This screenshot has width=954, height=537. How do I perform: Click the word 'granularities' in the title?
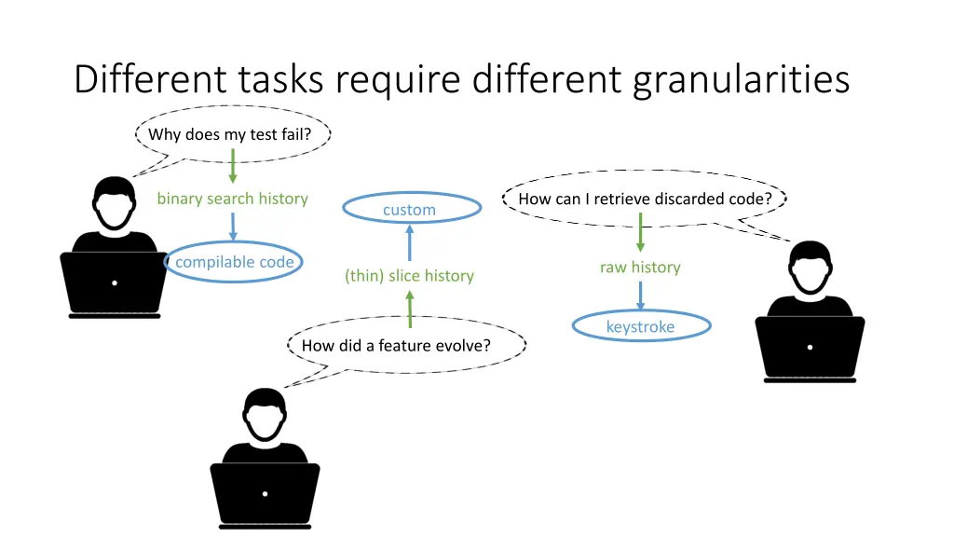click(741, 80)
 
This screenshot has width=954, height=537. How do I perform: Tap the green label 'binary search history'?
click(232, 199)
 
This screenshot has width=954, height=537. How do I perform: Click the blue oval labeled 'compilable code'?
click(234, 262)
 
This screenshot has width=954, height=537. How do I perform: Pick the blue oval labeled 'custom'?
click(409, 210)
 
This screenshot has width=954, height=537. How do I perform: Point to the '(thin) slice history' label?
click(409, 276)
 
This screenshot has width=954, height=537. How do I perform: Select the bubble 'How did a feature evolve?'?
click(396, 346)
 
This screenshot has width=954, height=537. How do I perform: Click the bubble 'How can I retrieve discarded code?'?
click(645, 199)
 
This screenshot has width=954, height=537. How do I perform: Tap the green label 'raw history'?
click(640, 268)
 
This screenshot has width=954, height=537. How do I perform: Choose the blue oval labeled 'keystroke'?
click(640, 326)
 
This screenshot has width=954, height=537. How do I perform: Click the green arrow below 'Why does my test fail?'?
click(233, 166)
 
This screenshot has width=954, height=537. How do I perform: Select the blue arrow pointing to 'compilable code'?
click(233, 227)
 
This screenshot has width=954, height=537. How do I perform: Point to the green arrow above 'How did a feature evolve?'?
click(410, 308)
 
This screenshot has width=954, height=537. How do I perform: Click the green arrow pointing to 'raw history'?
click(640, 232)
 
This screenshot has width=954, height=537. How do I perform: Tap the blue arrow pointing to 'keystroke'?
click(640, 296)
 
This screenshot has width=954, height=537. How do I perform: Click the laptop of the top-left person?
click(115, 282)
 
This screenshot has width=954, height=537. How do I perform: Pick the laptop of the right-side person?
click(810, 348)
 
